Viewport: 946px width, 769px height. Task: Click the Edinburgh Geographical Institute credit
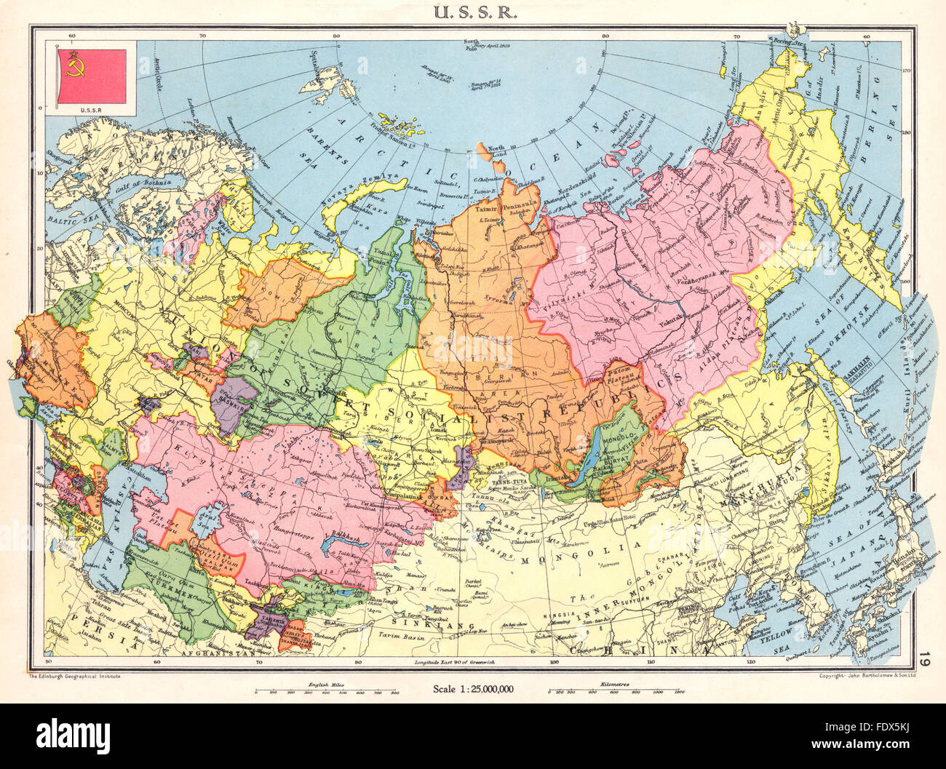[73, 677]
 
